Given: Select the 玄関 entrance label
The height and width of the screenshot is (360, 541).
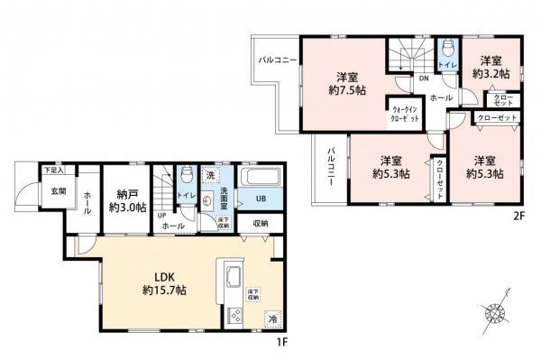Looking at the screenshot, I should click(58, 190).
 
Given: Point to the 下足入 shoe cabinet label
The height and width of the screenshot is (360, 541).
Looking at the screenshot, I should click(53, 170).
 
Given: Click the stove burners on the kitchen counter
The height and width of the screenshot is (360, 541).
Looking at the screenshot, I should click(236, 315).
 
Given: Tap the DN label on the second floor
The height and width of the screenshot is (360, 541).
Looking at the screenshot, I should click(422, 78).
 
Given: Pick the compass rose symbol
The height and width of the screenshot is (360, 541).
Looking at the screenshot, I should click(494, 314).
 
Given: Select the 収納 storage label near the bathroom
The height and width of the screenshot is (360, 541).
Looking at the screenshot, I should click(261, 223).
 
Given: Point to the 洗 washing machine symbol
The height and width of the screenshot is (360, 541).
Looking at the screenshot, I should click(209, 173).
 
